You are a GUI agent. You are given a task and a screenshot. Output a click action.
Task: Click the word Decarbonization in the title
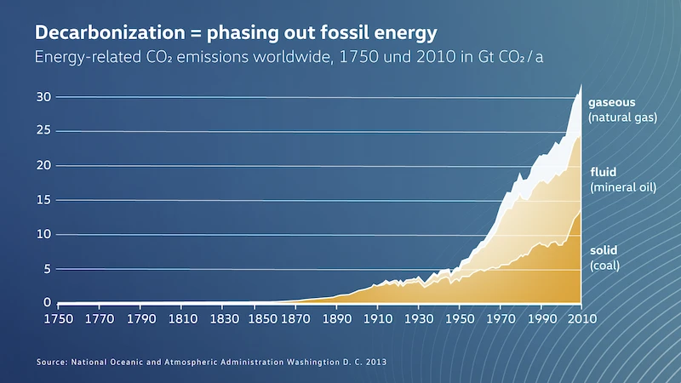coord(110,33)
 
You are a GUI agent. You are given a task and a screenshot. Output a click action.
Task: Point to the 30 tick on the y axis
coord(43,96)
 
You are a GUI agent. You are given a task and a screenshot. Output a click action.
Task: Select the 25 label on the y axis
coord(43,130)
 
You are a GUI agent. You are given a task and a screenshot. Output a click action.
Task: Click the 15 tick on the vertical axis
coord(43,200)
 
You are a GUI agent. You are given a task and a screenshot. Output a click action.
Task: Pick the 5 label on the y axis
coord(48,269)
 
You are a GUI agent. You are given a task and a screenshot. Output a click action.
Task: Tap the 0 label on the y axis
coord(48,302)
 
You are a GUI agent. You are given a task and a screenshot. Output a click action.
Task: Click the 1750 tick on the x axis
coord(58,318)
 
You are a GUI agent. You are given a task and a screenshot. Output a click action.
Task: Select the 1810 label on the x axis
coord(183,318)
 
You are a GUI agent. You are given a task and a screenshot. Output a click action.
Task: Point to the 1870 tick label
coord(295,318)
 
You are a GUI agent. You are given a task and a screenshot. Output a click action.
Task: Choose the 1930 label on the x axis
coord(419,318)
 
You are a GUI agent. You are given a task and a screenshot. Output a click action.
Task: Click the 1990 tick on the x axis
coord(542,318)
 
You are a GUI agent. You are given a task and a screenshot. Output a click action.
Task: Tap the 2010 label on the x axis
coord(582,318)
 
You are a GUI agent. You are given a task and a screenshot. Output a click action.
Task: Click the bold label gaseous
coord(611,103)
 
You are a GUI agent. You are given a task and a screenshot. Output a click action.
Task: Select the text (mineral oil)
coord(623,187)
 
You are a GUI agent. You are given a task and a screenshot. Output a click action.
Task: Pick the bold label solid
coord(604,250)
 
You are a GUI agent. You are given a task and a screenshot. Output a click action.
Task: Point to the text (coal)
coord(604,266)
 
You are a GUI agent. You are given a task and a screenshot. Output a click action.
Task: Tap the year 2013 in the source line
coord(376,363)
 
